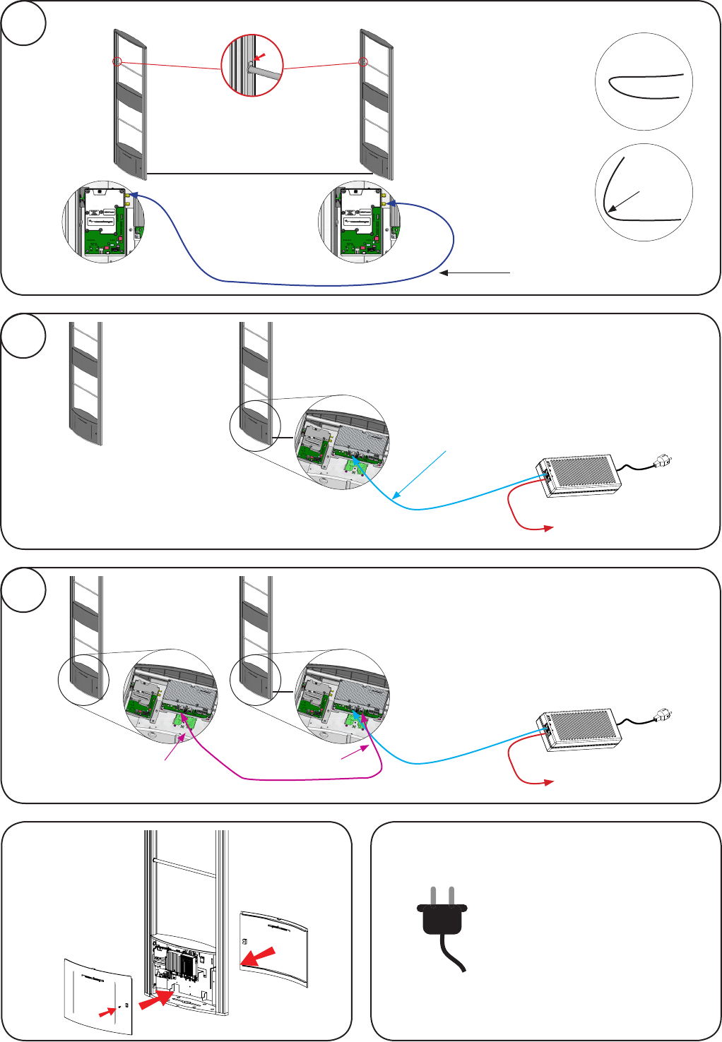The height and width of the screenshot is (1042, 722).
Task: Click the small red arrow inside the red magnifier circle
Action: pyautogui.click(x=260, y=56)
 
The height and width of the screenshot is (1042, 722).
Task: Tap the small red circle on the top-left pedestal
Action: pyautogui.click(x=117, y=62)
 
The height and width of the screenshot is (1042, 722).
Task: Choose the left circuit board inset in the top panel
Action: pyautogui.click(x=103, y=221)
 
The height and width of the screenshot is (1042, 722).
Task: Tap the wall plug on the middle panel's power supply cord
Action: pyautogui.click(x=663, y=461)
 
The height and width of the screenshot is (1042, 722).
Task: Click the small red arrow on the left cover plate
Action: pyautogui.click(x=107, y=1013)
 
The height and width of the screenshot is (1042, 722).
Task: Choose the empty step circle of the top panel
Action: pyautogui.click(x=24, y=23)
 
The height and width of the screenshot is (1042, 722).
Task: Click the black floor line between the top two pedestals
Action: pyautogui.click(x=259, y=174)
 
